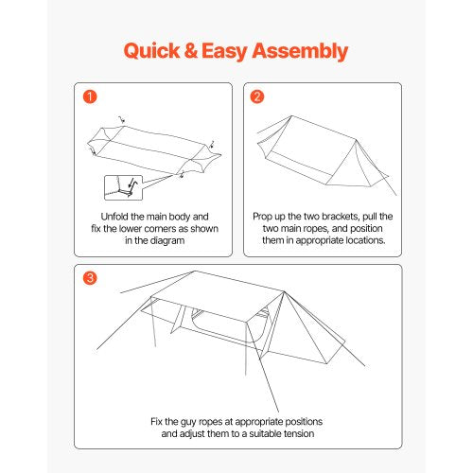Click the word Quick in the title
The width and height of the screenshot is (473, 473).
(x=154, y=51)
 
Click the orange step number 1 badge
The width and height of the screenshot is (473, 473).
(x=89, y=96)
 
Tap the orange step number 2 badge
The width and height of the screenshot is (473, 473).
(x=256, y=96)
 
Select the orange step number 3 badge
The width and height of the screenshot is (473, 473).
(x=89, y=279)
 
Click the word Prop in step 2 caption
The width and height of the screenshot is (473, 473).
(x=267, y=216)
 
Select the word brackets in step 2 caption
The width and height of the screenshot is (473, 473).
(x=359, y=216)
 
